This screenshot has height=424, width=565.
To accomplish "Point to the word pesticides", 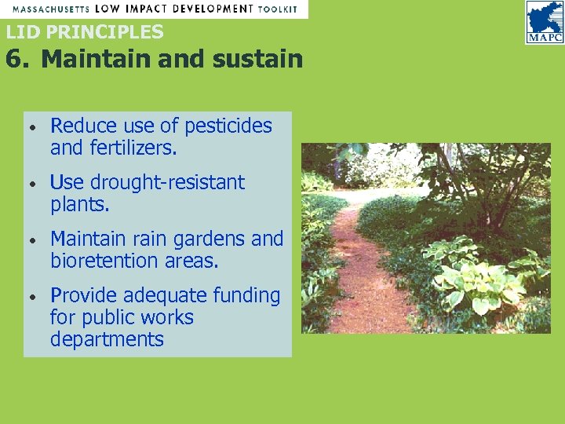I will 228,126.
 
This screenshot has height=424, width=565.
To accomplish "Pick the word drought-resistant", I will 167,182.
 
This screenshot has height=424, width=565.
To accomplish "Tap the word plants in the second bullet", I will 79,205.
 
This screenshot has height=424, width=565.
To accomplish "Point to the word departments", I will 107,339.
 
